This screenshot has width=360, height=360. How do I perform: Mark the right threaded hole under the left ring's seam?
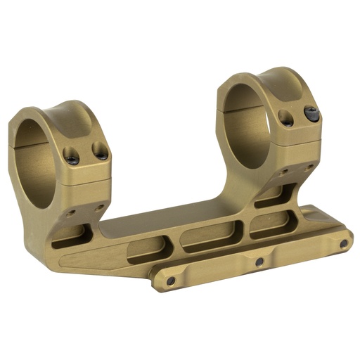pyautogui.click(x=99, y=207)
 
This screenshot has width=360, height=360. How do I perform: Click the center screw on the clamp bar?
pyautogui.click(x=259, y=262)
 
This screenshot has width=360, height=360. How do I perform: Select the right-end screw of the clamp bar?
pyautogui.click(x=343, y=243)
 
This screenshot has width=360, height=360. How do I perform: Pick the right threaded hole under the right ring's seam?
pyautogui.click(x=309, y=167)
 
